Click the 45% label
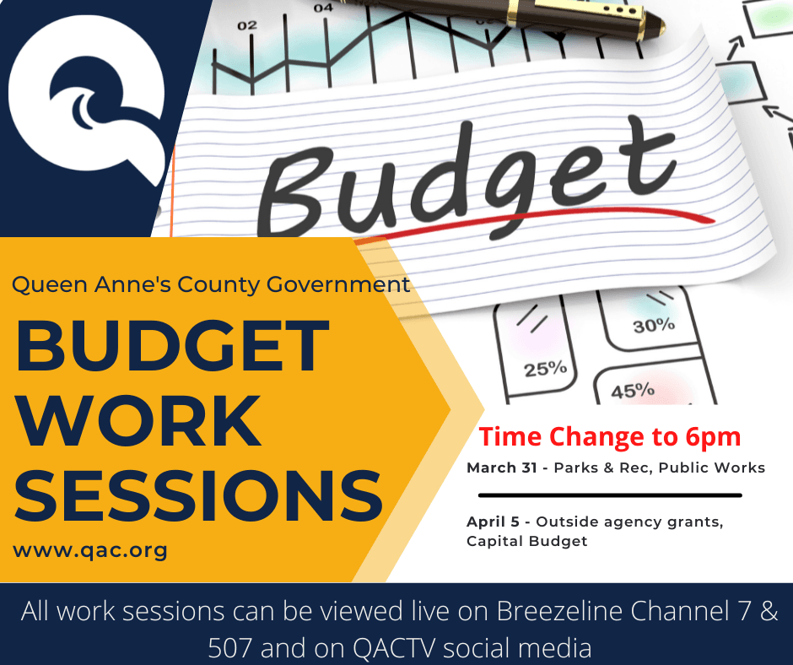(x=633, y=391)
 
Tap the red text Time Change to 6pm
(x=610, y=437)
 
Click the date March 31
(x=501, y=468)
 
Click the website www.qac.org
(x=90, y=551)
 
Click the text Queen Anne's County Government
(x=211, y=284)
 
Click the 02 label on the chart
(x=246, y=26)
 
